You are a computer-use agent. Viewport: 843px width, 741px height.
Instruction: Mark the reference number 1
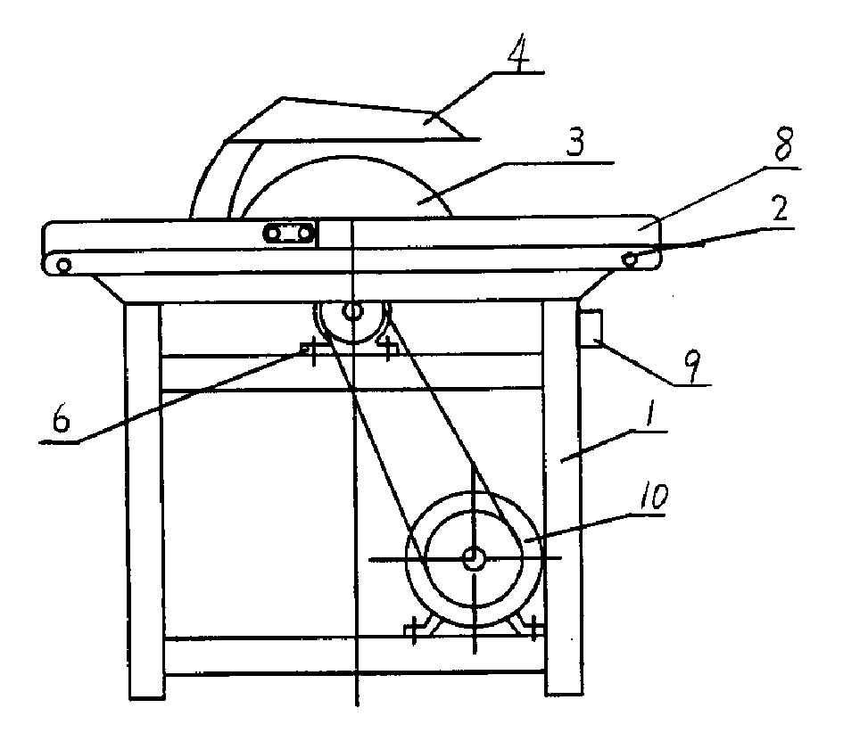(649, 415)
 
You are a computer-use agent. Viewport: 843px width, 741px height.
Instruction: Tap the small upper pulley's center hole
(353, 311)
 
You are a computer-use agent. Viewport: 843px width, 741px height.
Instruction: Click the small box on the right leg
(590, 327)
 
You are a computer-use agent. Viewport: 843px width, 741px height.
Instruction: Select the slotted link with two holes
(289, 234)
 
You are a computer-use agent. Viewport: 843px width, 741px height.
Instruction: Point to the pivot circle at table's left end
(63, 265)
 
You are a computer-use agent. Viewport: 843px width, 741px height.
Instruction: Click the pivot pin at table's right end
(630, 259)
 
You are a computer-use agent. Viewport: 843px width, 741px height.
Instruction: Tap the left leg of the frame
(145, 499)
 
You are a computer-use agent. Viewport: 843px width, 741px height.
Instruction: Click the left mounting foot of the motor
(422, 629)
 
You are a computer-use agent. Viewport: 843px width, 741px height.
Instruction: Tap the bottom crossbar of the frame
(355, 655)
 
